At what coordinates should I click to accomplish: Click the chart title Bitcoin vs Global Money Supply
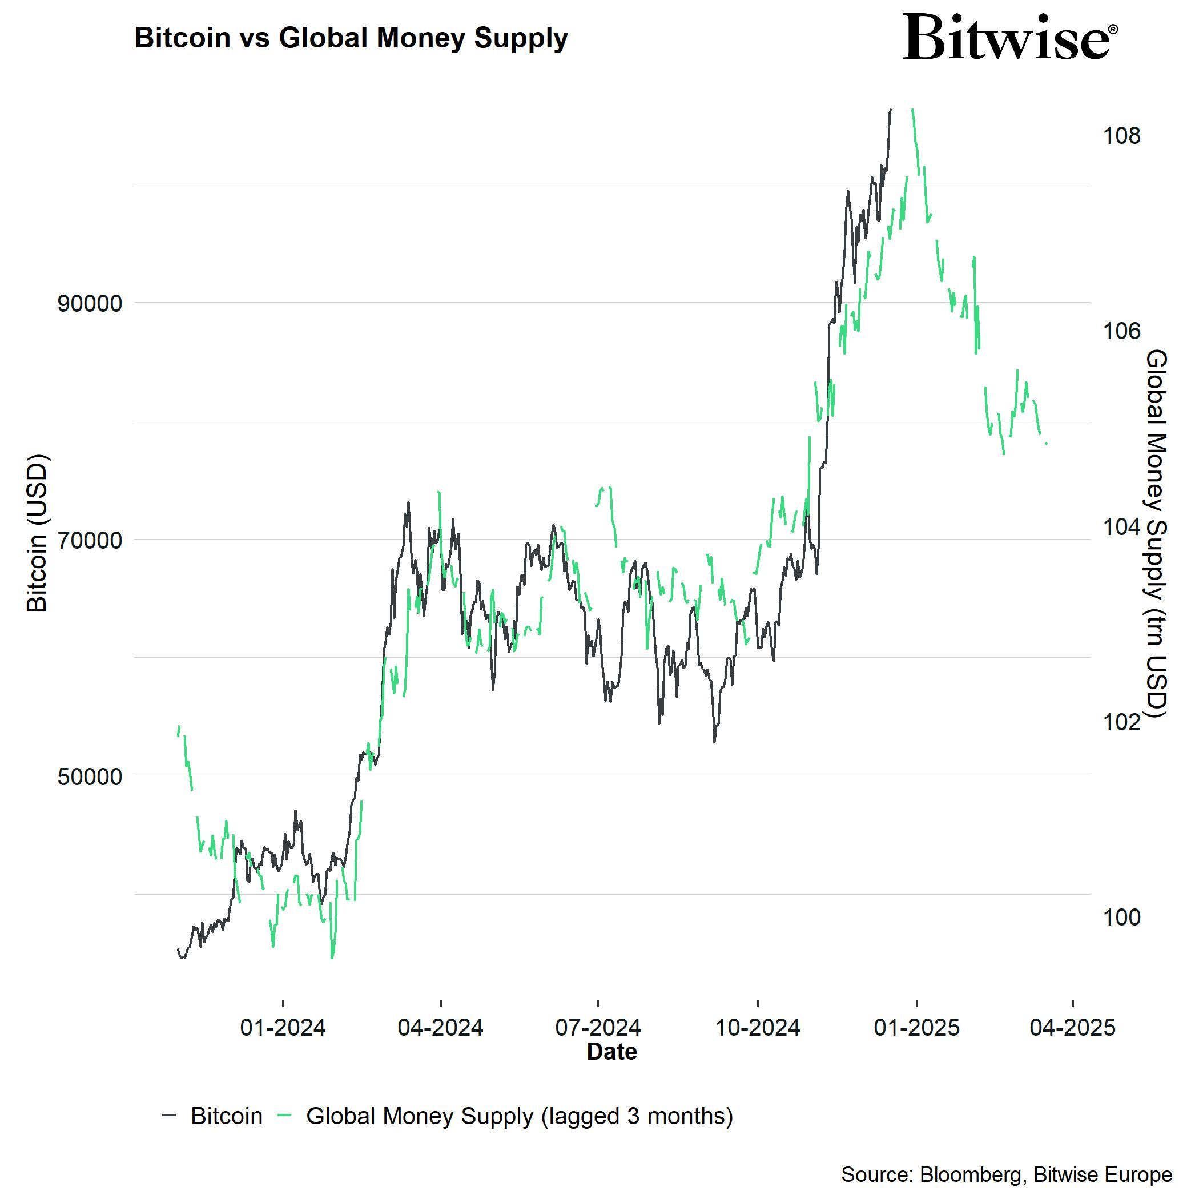coord(351,38)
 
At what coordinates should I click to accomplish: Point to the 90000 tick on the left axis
coord(90,304)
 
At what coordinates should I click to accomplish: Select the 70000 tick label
coord(90,541)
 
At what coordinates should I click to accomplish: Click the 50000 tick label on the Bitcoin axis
coord(90,778)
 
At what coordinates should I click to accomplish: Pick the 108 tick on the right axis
coord(1121,136)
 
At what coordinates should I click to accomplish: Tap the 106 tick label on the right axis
coord(1121,331)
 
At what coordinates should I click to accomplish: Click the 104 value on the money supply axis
coord(1121,527)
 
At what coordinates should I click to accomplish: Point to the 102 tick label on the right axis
coord(1121,722)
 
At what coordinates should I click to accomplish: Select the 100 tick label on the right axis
coord(1121,918)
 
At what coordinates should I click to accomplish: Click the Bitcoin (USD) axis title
coord(38,533)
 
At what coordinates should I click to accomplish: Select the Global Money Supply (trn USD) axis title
coord(1157,533)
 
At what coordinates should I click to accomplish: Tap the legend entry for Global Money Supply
coord(519,1116)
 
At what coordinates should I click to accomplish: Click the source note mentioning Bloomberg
coord(1006,1175)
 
